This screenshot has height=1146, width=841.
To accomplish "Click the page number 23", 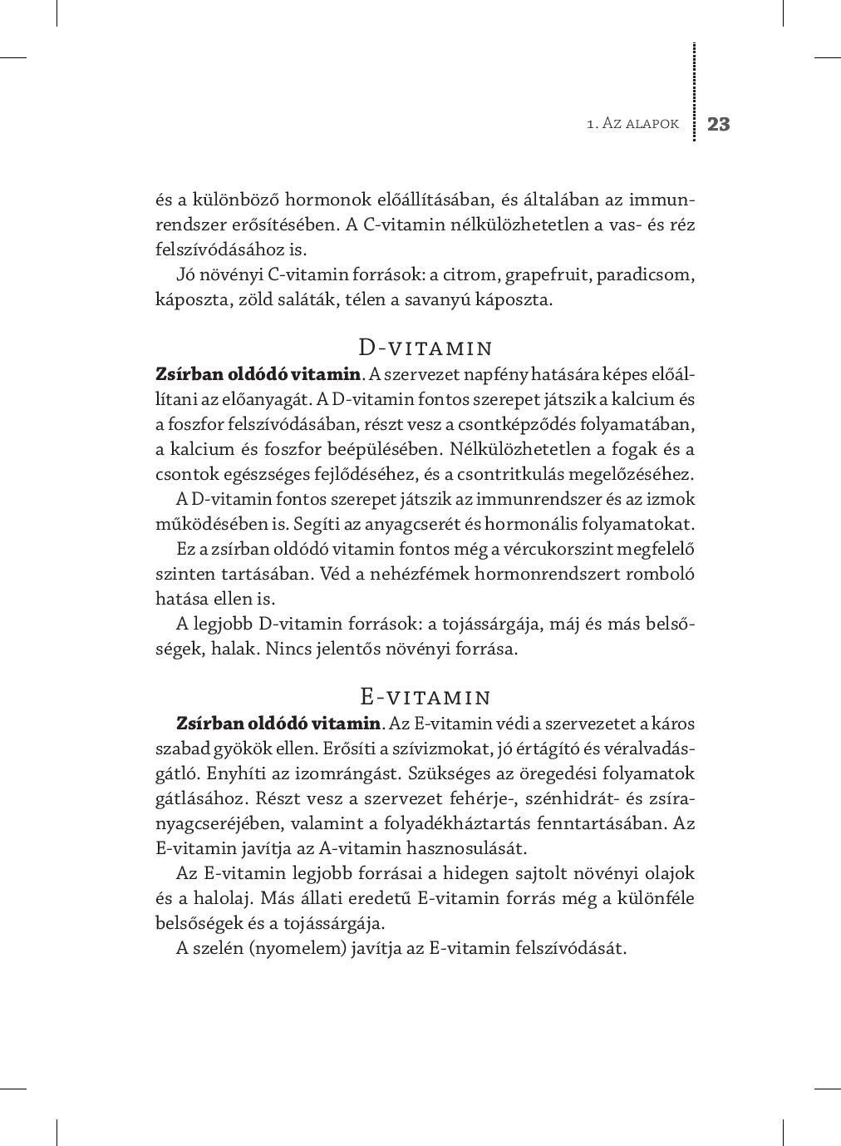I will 718,125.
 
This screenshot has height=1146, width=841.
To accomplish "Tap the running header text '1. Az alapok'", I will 632,124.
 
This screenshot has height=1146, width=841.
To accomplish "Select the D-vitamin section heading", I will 425,347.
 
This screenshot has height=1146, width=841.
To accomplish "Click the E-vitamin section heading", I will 425,696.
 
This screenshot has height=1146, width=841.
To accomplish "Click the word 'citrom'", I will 473,274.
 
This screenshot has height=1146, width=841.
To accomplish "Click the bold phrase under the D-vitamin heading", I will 258,374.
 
